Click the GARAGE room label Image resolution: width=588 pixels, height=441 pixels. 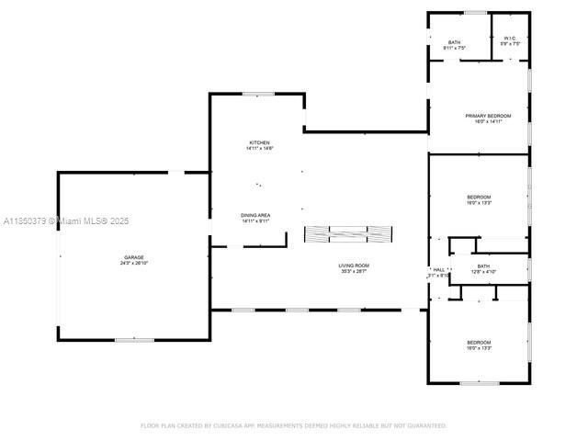pyautogui.click(x=134, y=257)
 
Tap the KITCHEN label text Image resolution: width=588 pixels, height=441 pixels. pyautogui.click(x=260, y=142)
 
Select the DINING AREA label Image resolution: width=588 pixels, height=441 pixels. pyautogui.click(x=256, y=215)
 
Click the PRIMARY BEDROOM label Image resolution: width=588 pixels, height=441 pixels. pyautogui.click(x=487, y=116)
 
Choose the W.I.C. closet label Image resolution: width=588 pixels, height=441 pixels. pyautogui.click(x=511, y=39)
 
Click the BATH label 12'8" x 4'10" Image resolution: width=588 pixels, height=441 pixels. pyautogui.click(x=483, y=267)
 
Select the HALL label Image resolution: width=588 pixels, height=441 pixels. pyautogui.click(x=438, y=270)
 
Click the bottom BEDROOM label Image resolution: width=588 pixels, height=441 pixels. pyautogui.click(x=479, y=343)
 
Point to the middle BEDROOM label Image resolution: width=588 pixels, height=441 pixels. pyautogui.click(x=479, y=197)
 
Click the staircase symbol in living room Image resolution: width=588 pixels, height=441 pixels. pyautogui.click(x=349, y=234)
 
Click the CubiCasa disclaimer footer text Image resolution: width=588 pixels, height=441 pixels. pyautogui.click(x=294, y=425)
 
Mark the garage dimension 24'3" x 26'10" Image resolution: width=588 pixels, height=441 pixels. pyautogui.click(x=134, y=263)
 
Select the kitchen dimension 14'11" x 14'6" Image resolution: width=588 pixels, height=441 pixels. pyautogui.click(x=260, y=149)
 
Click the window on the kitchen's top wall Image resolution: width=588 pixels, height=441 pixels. pyautogui.click(x=258, y=94)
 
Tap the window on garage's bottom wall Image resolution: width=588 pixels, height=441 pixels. pyautogui.click(x=134, y=340)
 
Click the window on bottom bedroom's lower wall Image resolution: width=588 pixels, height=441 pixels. pyautogui.click(x=480, y=383)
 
